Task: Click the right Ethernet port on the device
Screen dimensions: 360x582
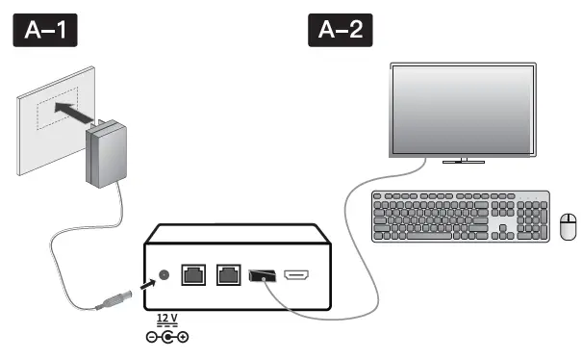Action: click(x=228, y=275)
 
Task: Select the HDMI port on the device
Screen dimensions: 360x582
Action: click(x=296, y=276)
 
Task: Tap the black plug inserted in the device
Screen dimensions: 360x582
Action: click(x=260, y=277)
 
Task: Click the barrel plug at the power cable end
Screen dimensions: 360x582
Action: click(x=112, y=299)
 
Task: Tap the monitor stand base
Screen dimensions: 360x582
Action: click(x=462, y=161)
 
